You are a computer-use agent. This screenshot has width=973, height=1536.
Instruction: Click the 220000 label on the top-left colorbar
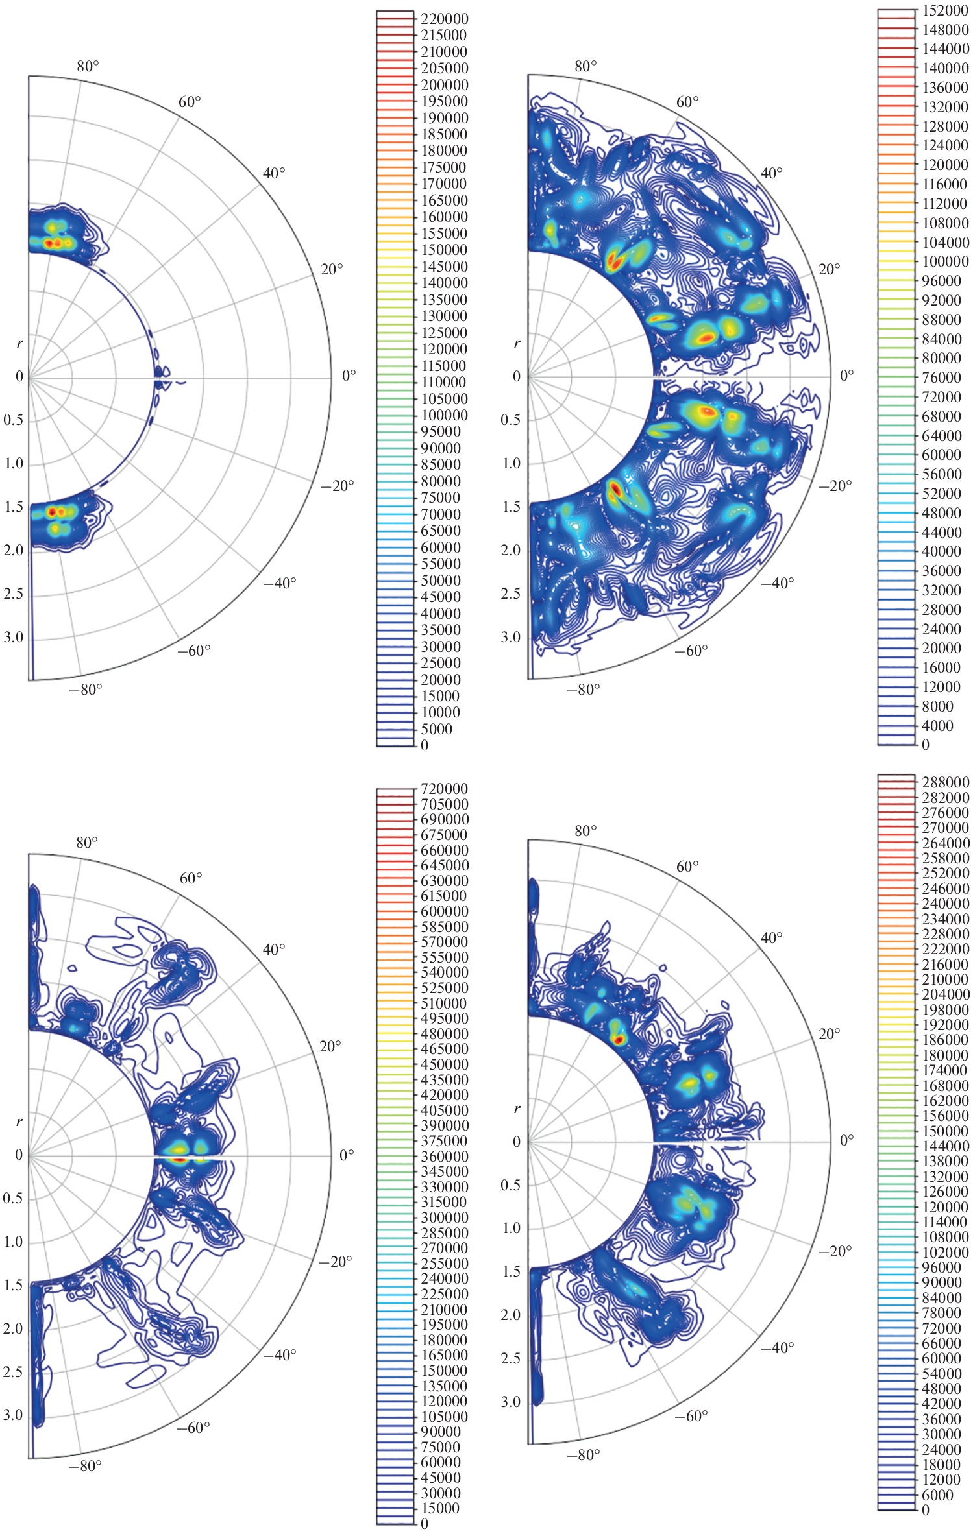click(444, 19)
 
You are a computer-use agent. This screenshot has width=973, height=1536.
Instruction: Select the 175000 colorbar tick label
click(444, 167)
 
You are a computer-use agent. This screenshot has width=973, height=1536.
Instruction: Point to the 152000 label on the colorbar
click(945, 10)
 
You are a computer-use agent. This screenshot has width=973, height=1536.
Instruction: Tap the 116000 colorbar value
click(945, 184)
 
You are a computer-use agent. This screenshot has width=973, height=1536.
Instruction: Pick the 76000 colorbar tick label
click(942, 378)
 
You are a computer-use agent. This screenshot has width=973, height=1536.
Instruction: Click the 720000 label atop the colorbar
click(444, 789)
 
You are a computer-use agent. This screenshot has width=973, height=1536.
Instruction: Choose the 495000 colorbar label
click(444, 1018)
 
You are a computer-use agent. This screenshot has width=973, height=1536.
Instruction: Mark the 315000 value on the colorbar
click(444, 1202)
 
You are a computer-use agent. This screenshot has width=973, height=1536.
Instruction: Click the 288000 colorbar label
click(945, 782)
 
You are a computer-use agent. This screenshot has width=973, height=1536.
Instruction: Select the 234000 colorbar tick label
click(945, 919)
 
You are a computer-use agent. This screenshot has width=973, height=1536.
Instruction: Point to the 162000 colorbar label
click(945, 1101)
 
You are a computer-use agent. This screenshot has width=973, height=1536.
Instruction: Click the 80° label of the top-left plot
click(88, 66)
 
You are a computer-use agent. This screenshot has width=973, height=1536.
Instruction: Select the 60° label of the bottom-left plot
click(191, 878)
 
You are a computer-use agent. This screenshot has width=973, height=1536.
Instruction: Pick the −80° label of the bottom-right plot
click(583, 1455)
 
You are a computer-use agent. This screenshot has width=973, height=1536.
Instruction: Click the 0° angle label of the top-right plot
click(846, 376)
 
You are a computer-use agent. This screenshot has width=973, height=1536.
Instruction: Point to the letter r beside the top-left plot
click(19, 343)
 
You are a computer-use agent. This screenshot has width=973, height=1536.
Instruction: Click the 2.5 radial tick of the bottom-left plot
click(13, 1372)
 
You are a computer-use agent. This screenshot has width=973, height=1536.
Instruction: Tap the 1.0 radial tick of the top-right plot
click(511, 464)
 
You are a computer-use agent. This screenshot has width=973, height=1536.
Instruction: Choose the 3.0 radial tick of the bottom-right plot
click(511, 1402)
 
